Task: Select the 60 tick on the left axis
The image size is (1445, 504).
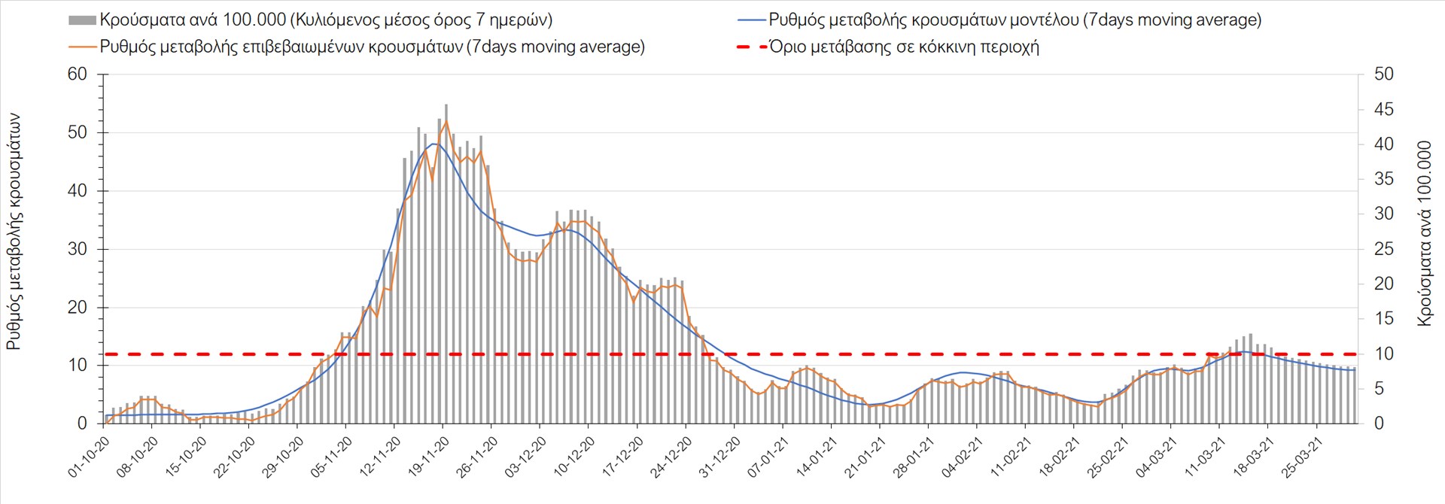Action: point(78,74)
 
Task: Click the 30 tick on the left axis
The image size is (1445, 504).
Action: point(78,249)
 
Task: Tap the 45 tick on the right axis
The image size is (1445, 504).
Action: point(1383,109)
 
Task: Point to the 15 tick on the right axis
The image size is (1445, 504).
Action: point(1383,319)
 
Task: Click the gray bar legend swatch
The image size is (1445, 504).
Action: point(82,20)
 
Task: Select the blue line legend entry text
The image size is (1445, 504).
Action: point(1015,20)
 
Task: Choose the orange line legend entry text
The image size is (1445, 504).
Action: point(373,47)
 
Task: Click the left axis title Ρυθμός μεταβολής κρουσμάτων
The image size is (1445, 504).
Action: point(14,232)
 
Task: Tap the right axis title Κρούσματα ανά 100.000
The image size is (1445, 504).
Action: point(1425,233)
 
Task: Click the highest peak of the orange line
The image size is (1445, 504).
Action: point(446,121)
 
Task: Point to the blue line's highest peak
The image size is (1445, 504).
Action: point(434,144)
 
